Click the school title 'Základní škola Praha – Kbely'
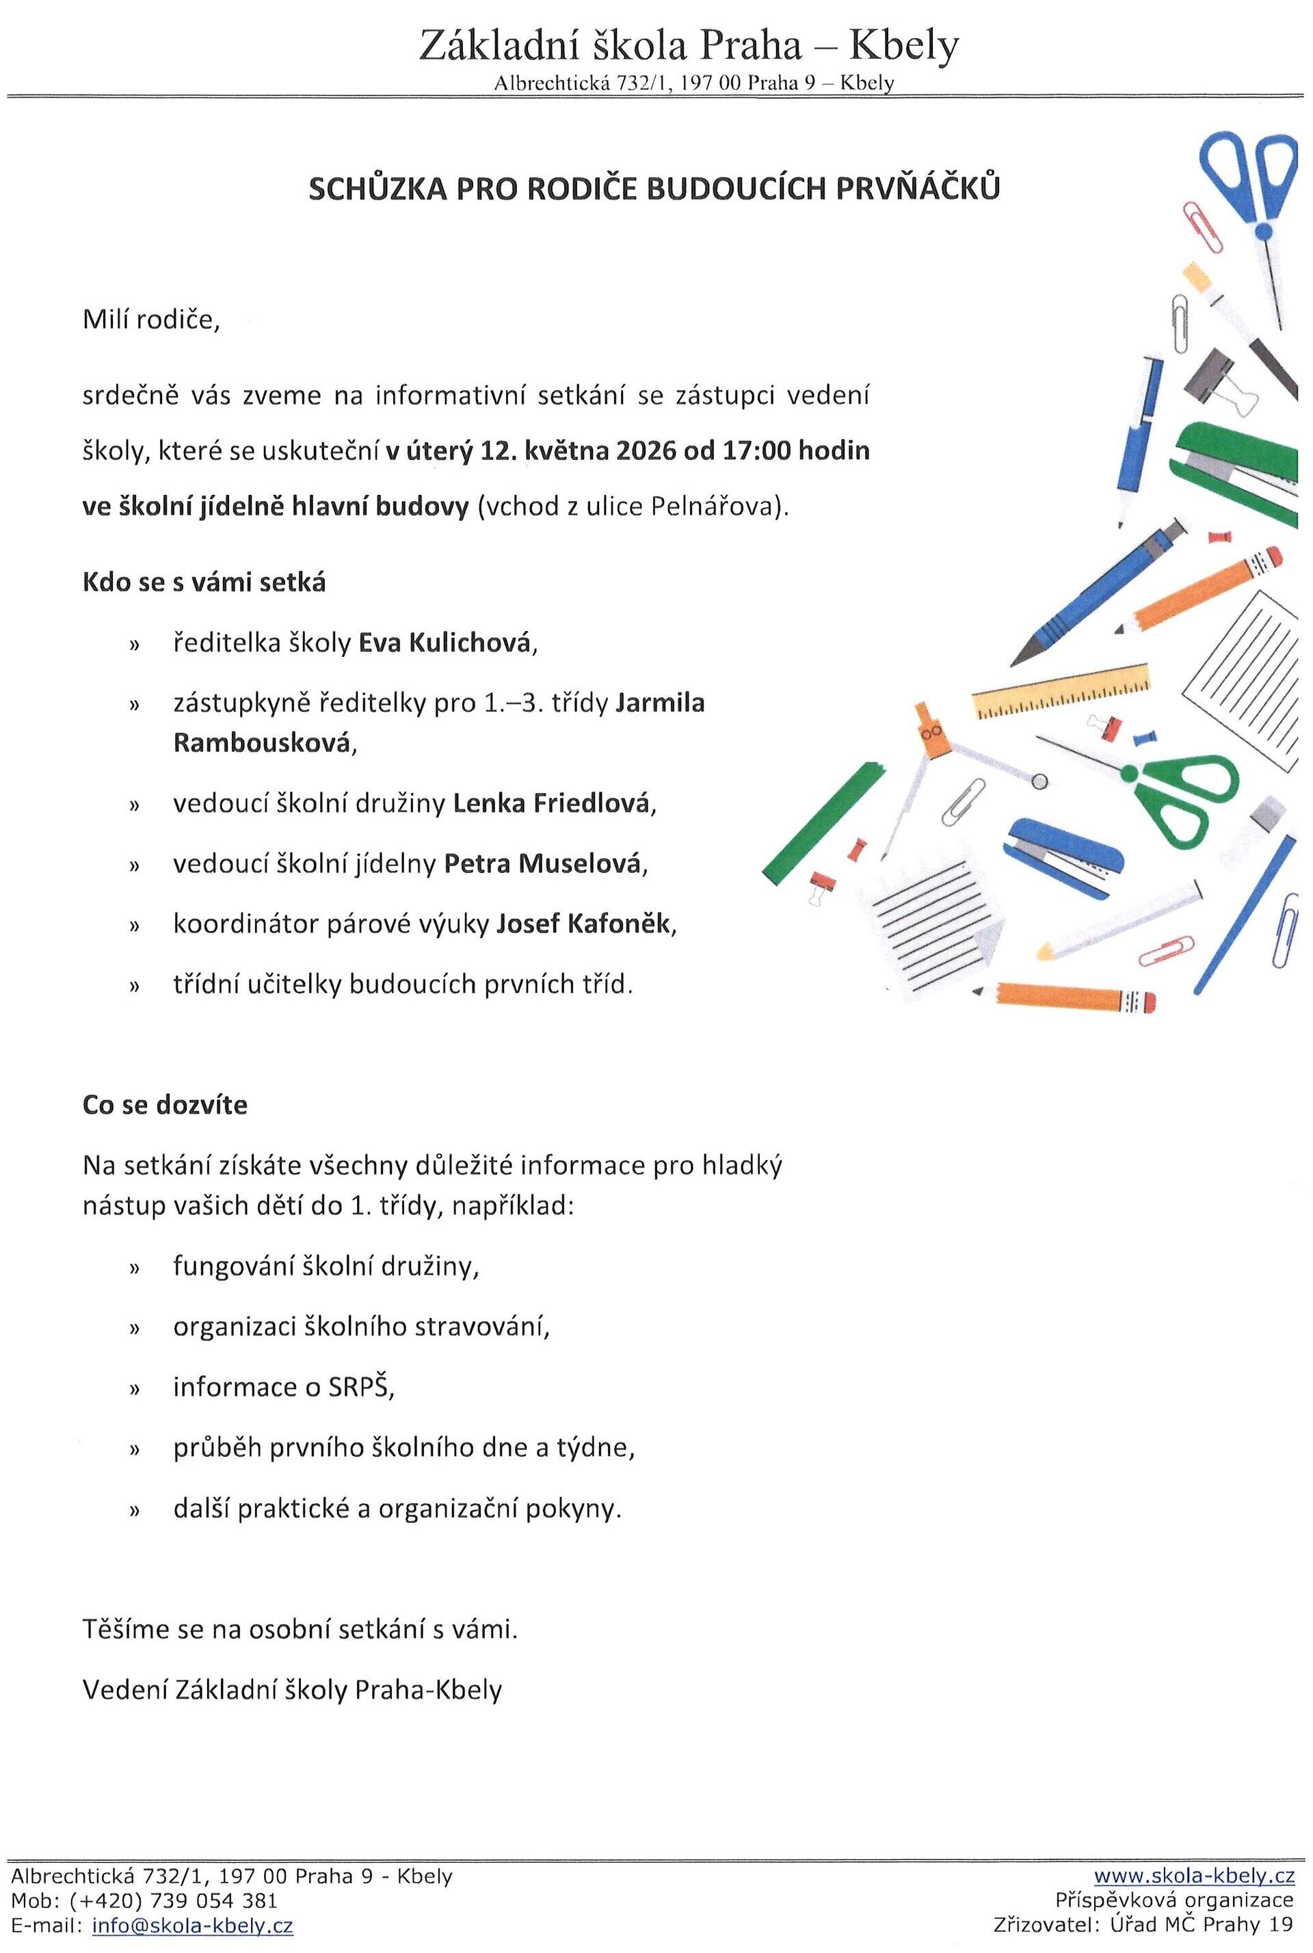[x=689, y=46]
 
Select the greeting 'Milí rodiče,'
[x=150, y=320]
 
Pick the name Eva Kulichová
[x=445, y=643]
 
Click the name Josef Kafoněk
[x=583, y=924]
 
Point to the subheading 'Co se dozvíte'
[x=165, y=1105]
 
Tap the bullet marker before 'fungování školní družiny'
[x=132, y=1268]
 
